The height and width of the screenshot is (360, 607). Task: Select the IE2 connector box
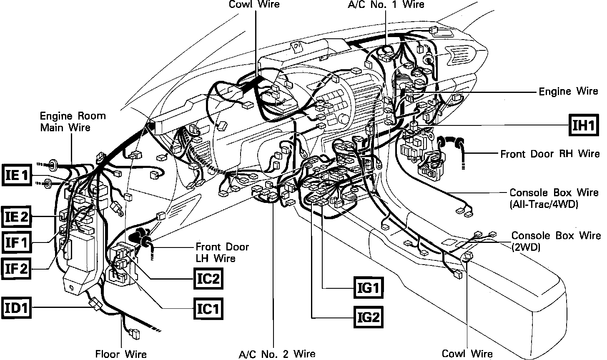16,217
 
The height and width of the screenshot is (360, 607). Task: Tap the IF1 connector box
16,242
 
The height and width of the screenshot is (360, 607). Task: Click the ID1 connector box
16,308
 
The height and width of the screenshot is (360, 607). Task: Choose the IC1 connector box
208,309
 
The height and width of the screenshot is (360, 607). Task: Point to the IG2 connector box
368,318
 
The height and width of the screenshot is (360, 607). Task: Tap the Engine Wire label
568,91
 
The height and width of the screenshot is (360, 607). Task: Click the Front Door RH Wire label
550,154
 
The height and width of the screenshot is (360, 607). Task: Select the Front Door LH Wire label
222,252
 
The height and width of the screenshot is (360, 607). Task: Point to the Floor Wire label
121,354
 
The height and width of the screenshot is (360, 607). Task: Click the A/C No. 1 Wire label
386,5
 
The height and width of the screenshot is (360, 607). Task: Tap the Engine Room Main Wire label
73,121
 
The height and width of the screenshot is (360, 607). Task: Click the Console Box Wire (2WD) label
556,241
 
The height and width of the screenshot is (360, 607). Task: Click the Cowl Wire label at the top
254,5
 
